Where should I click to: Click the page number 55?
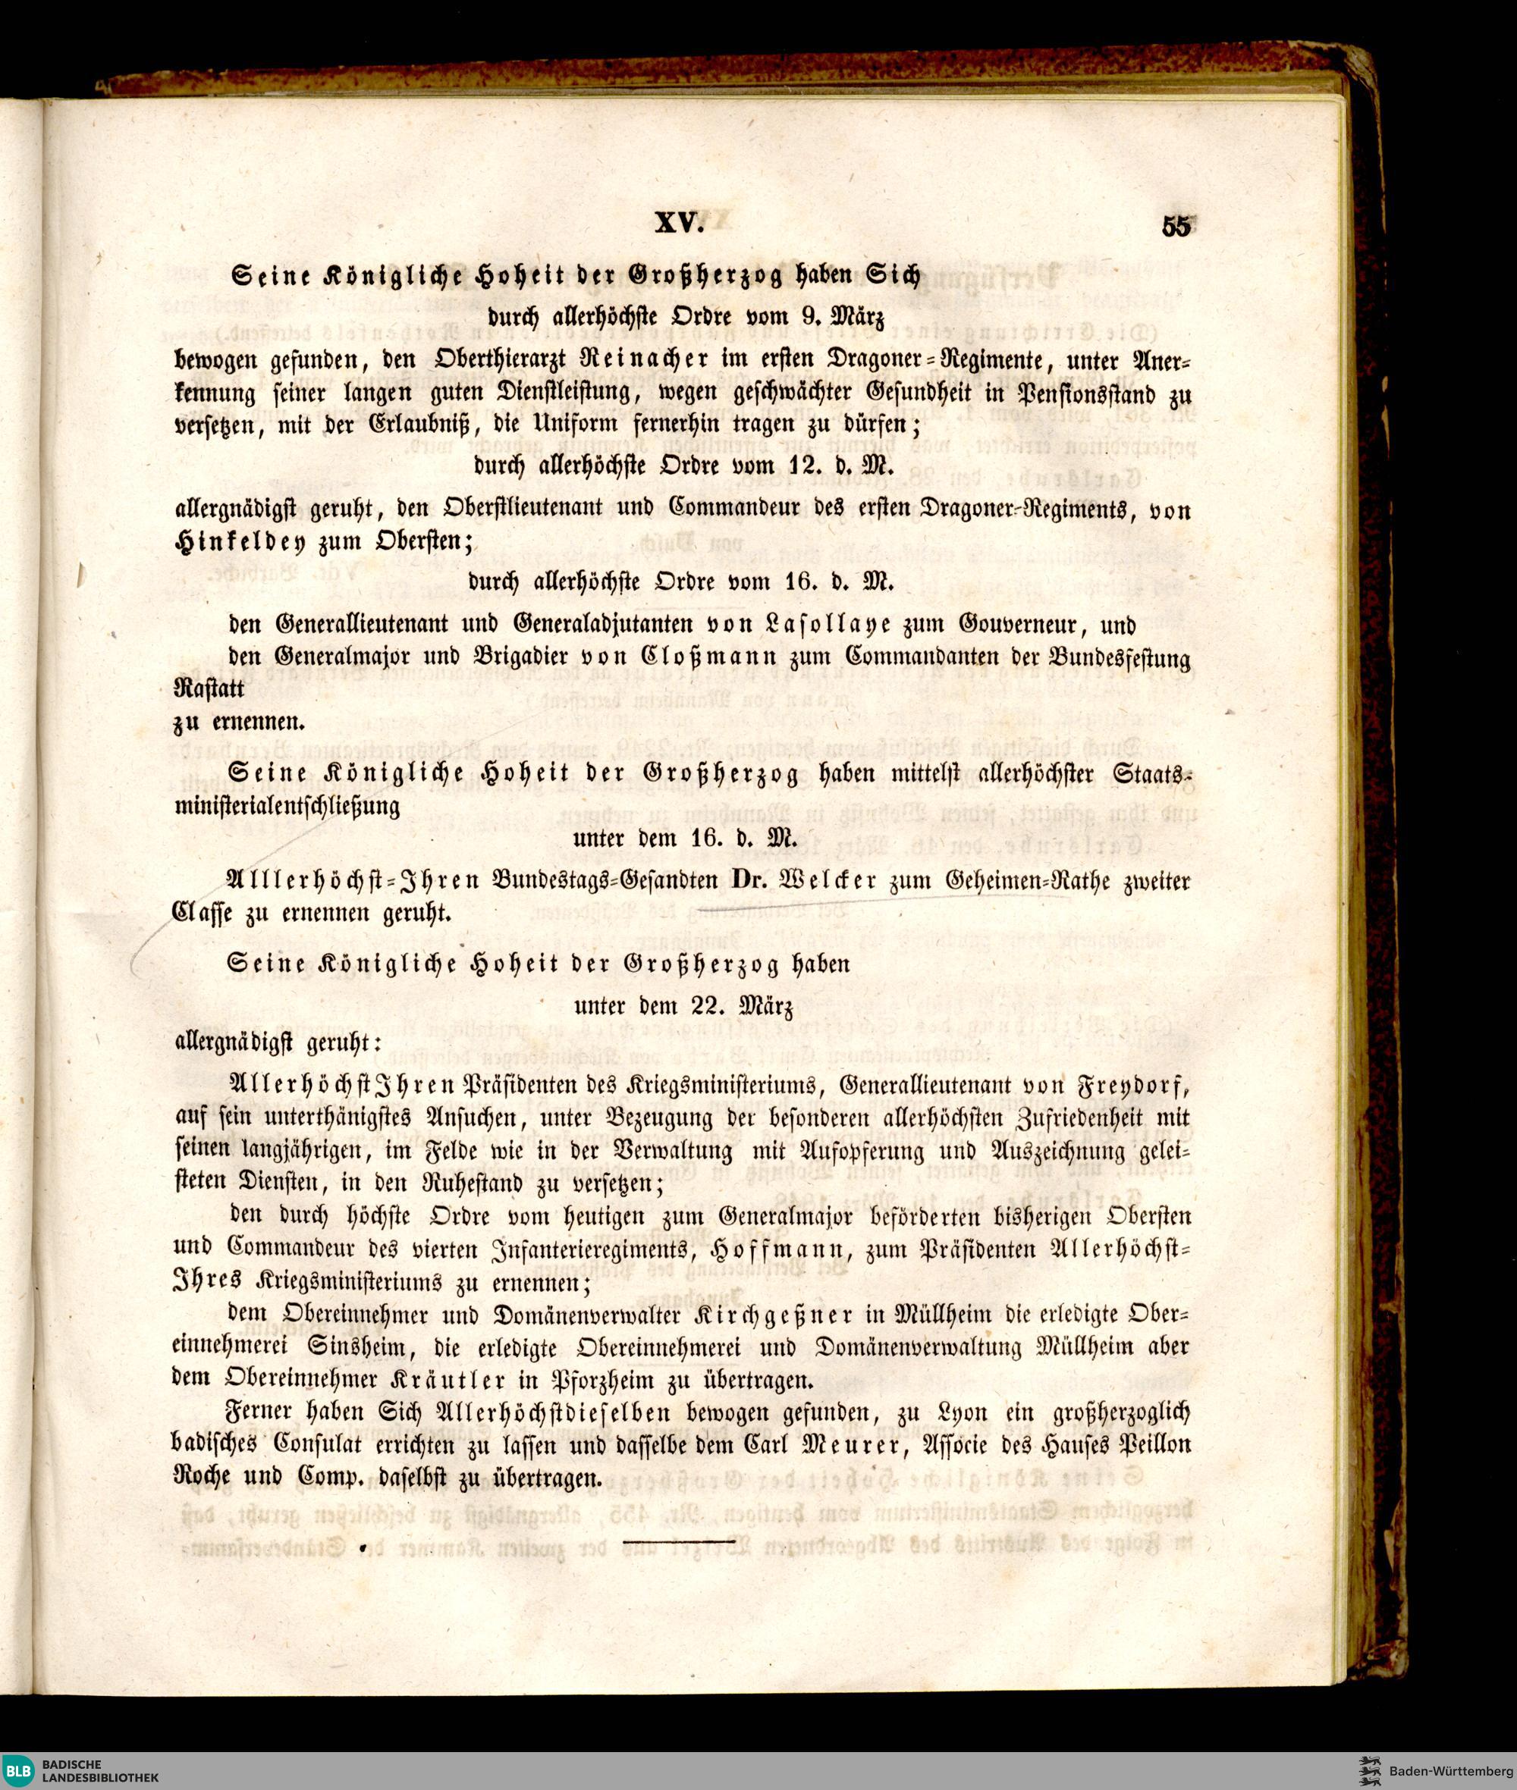[x=1176, y=228]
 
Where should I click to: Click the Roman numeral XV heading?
[x=680, y=224]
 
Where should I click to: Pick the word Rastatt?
[x=208, y=688]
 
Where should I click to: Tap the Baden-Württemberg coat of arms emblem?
[x=1368, y=1771]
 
